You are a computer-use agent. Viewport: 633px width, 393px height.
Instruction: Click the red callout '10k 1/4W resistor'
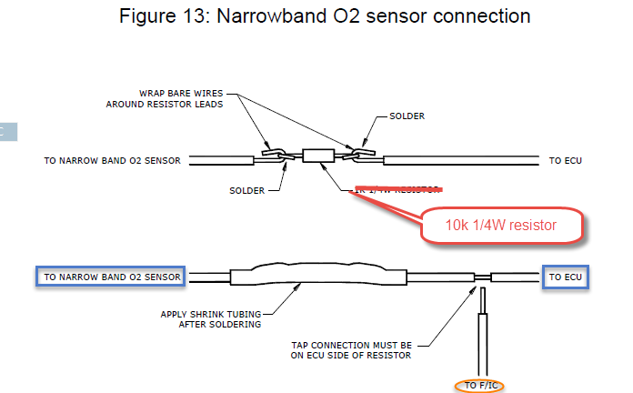coord(500,225)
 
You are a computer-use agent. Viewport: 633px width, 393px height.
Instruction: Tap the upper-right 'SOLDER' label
coord(407,116)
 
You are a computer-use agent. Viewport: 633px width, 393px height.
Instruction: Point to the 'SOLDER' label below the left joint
coord(246,191)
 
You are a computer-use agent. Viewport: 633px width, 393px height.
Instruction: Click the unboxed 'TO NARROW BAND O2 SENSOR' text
coord(112,160)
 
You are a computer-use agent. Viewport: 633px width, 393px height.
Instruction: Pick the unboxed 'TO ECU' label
coord(567,160)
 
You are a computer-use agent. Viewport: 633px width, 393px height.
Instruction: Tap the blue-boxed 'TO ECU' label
coord(566,276)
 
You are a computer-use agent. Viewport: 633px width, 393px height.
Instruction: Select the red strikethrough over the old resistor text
coord(400,190)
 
